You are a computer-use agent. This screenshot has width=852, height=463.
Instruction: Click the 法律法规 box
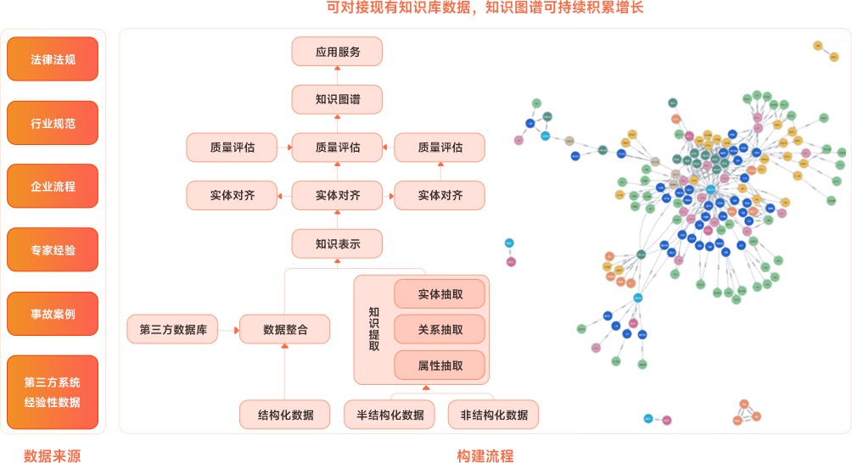[53, 59]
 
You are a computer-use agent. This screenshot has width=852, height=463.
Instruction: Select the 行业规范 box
[53, 123]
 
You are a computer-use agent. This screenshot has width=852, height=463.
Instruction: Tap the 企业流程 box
[53, 186]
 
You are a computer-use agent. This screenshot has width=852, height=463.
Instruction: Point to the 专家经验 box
[53, 250]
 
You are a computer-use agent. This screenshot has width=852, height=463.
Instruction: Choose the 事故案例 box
[53, 314]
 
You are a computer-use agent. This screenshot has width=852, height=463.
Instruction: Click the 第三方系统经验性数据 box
[53, 392]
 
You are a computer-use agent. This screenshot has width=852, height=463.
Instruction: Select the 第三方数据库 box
[173, 329]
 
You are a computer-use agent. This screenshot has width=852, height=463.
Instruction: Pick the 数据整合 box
[285, 329]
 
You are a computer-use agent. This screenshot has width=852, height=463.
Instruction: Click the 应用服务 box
[338, 52]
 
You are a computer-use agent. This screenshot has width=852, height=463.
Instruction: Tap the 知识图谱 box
[338, 99]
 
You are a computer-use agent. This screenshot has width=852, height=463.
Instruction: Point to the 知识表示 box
[338, 244]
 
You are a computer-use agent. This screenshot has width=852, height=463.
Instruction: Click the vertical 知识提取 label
[374, 329]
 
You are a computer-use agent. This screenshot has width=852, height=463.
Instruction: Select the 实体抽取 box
[440, 294]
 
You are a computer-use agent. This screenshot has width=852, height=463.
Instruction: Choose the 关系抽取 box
[440, 330]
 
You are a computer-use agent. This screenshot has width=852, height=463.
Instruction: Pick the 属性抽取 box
[440, 365]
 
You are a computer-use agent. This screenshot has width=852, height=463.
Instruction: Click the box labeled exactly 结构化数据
[286, 415]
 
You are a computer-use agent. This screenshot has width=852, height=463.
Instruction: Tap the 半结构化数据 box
[390, 415]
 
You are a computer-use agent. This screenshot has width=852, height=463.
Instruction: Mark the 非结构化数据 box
[493, 415]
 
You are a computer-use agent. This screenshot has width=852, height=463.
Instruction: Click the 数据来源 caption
[53, 455]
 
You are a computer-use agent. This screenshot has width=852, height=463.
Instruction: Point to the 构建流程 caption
[485, 455]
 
